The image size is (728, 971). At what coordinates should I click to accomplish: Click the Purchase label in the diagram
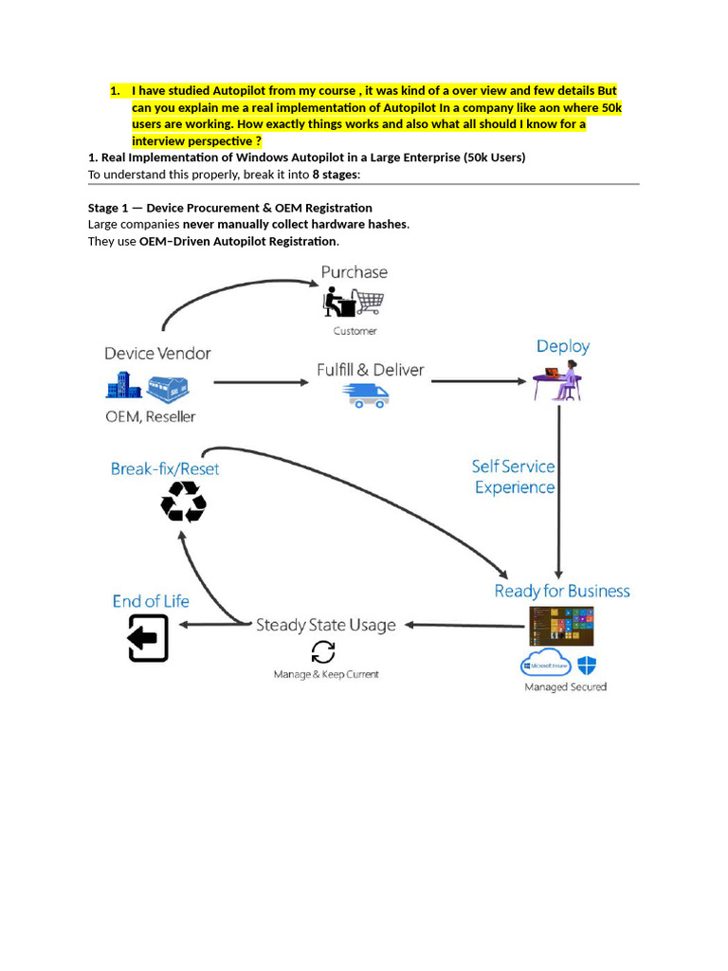click(x=354, y=272)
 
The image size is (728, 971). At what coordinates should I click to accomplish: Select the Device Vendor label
click(x=157, y=353)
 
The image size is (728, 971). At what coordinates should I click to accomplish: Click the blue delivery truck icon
click(x=366, y=395)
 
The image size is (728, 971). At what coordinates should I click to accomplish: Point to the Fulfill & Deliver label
click(x=370, y=370)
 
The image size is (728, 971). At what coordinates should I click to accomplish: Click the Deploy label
click(x=563, y=346)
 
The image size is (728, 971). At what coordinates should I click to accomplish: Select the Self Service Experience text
click(x=514, y=477)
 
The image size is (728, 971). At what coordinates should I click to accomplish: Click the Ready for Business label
click(x=562, y=591)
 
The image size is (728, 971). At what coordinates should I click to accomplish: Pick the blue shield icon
click(x=587, y=665)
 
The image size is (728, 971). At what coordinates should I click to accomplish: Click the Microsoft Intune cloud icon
click(x=546, y=663)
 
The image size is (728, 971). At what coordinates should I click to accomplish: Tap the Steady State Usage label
click(x=326, y=625)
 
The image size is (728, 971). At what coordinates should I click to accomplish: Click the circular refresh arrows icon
click(x=323, y=652)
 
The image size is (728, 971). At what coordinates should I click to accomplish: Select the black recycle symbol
click(x=184, y=502)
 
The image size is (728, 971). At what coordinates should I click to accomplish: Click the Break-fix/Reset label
click(x=165, y=468)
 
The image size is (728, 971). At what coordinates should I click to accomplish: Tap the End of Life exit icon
click(x=149, y=638)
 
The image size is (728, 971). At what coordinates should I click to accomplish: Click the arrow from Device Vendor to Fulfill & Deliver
click(x=261, y=382)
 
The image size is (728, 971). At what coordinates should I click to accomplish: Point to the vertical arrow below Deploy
click(x=559, y=493)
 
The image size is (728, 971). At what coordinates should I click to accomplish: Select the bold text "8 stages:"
click(x=336, y=174)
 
